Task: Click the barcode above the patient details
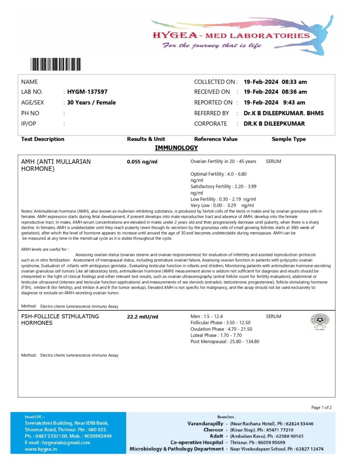pos(56,64)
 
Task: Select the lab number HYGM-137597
pos(87,92)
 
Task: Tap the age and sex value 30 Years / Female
pos(91,102)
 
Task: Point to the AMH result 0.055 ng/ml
pos(142,162)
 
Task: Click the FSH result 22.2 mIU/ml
pos(142,316)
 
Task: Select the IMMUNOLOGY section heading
pos(176,148)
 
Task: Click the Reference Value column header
pos(216,139)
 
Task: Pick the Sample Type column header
pos(289,139)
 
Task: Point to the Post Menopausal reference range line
pos(224,342)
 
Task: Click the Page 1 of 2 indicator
pos(321,407)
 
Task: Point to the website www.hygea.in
pos(41,449)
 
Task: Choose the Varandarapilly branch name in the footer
pos(205,424)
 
